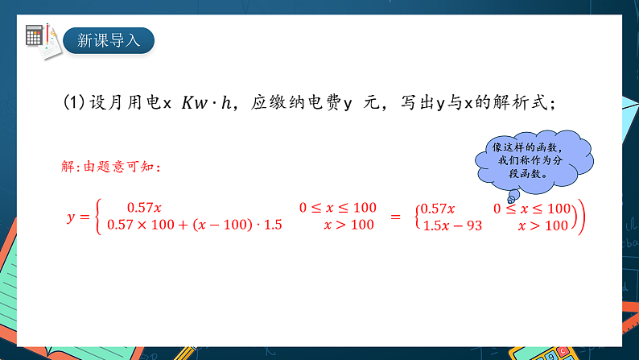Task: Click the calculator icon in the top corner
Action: (x=35, y=35)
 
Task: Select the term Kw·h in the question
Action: (x=207, y=102)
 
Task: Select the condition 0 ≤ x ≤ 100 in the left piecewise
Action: (x=337, y=207)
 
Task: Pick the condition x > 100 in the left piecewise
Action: (x=348, y=225)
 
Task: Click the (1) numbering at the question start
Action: (x=74, y=102)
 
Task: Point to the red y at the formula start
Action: (x=71, y=217)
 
